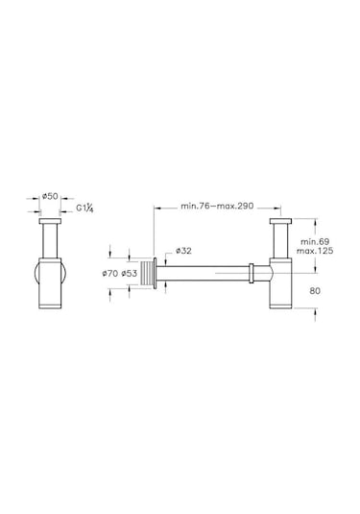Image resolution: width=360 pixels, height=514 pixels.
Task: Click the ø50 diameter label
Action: [x=50, y=196]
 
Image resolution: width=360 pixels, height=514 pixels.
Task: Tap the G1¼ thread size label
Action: [x=84, y=208]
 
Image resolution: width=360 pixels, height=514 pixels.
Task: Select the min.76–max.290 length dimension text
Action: [x=217, y=207]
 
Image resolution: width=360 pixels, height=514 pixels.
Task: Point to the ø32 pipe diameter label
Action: [x=183, y=251]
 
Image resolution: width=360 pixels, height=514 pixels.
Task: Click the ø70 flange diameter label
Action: [x=109, y=274]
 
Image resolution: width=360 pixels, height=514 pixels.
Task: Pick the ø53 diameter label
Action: [x=129, y=274]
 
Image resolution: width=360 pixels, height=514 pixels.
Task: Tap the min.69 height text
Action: [x=315, y=242]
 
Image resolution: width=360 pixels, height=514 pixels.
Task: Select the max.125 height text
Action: [x=315, y=251]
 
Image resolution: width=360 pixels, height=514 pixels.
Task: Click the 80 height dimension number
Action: [x=315, y=291]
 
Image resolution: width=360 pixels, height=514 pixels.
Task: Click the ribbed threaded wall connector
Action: [x=147, y=274]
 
